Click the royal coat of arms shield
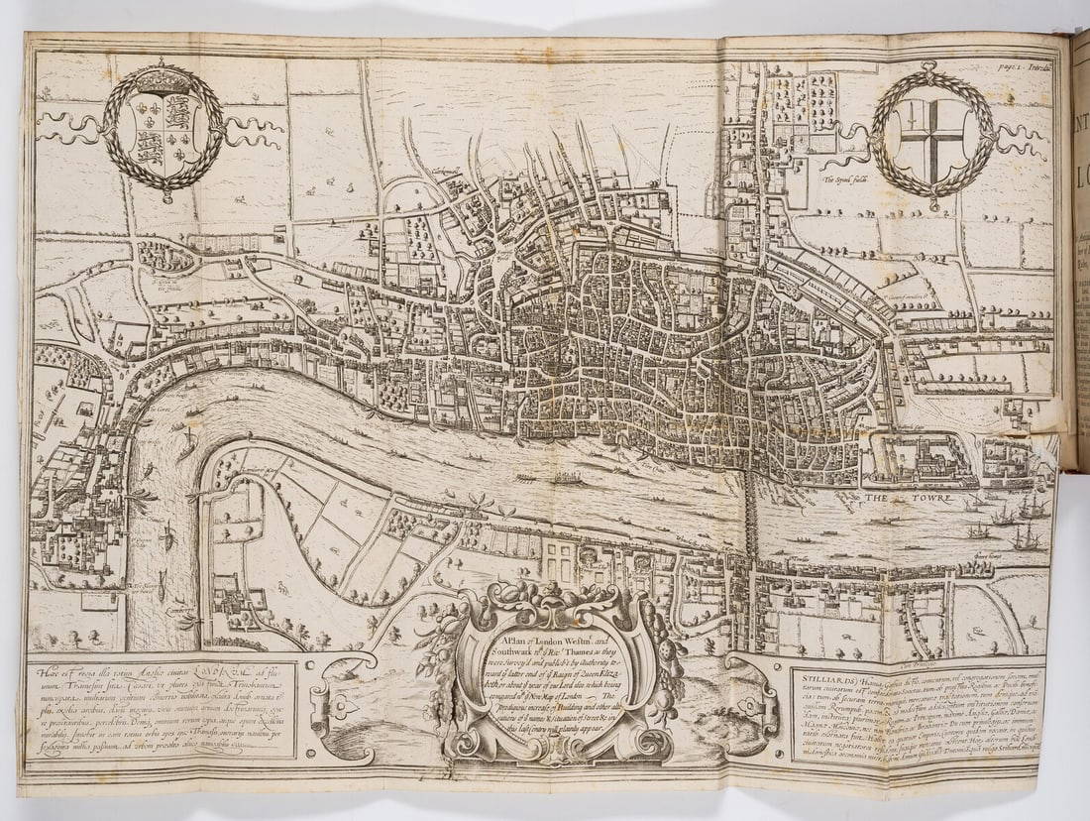pyautogui.click(x=163, y=131)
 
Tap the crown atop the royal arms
pyautogui.click(x=163, y=74)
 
